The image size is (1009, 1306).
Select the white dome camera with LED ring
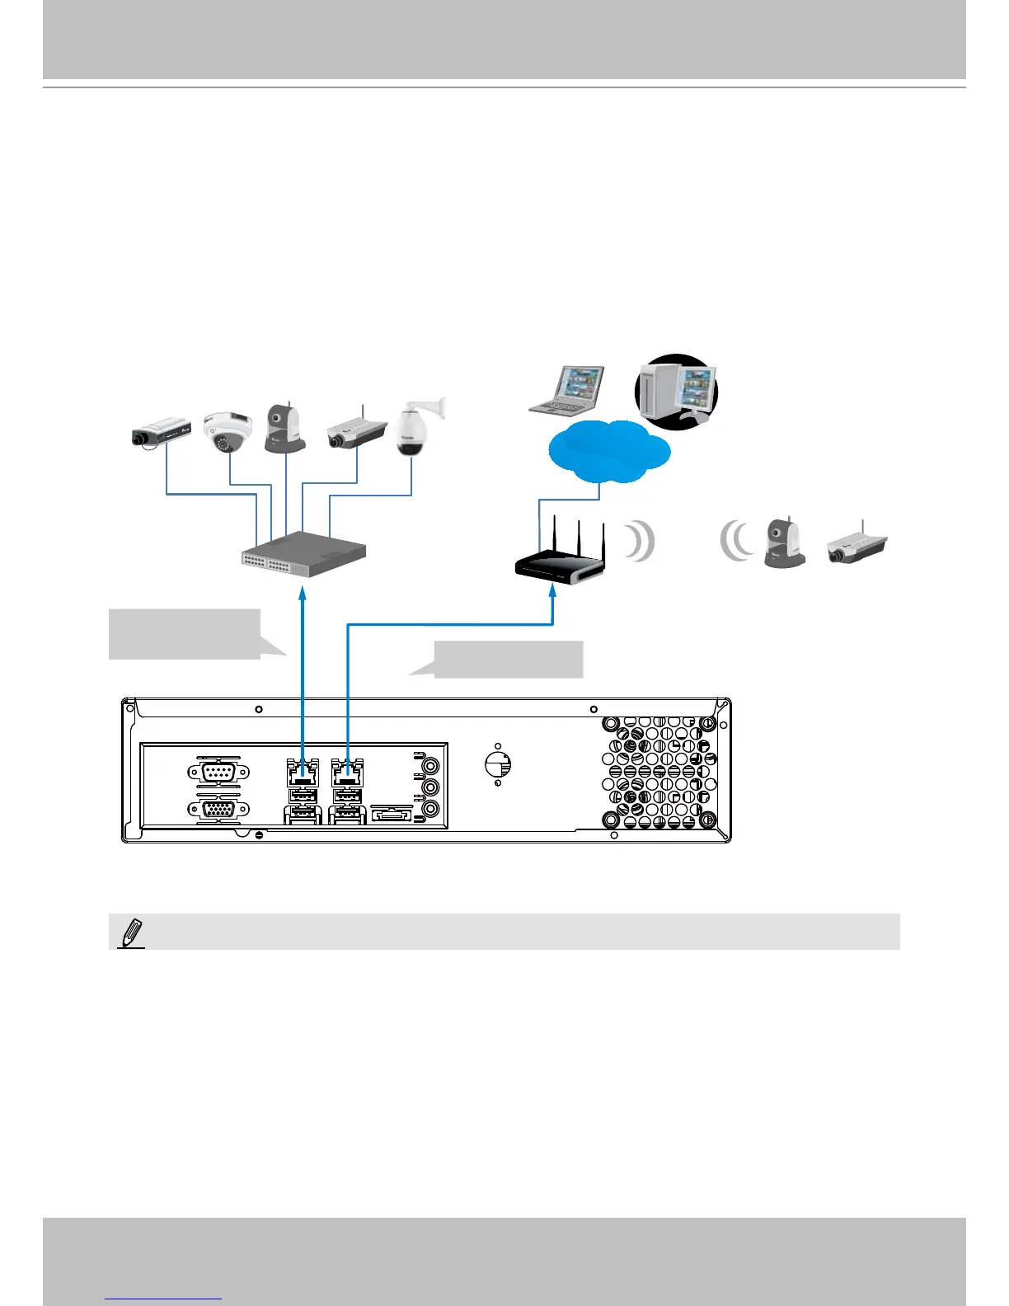227,432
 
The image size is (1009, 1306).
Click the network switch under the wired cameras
303,554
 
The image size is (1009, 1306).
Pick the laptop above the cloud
566,389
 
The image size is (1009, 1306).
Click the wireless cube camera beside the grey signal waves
784,543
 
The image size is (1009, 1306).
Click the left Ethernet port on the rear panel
303,773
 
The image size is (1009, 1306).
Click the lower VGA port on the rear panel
216,810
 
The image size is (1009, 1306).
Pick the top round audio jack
429,764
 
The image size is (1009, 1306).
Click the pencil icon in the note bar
130,934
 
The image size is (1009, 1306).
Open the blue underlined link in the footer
164,1299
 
